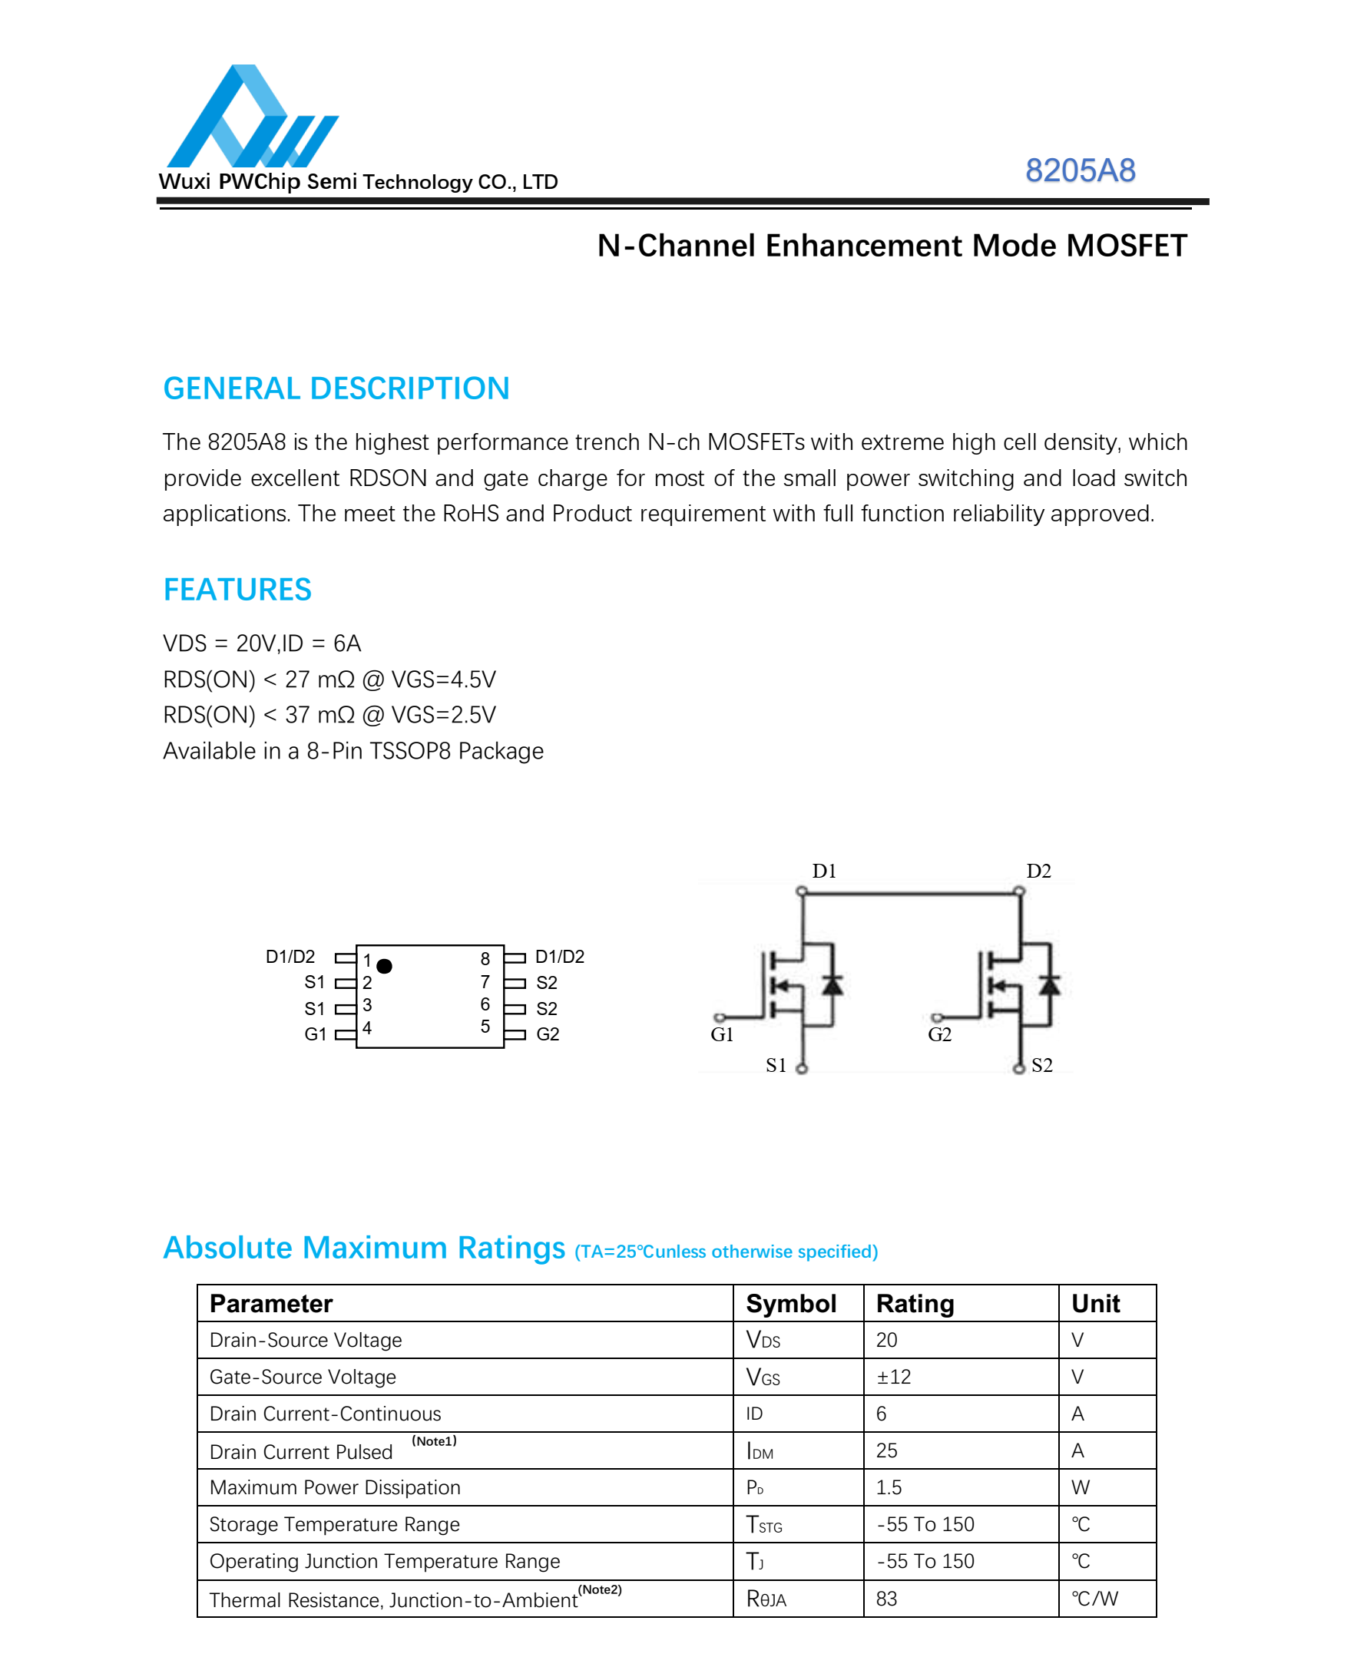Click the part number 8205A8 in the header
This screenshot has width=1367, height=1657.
pyautogui.click(x=1080, y=170)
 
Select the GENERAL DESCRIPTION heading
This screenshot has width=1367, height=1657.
pyautogui.click(x=336, y=389)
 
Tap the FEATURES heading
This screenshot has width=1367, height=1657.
pyautogui.click(x=237, y=590)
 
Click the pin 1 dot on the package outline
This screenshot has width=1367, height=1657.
pyautogui.click(x=384, y=966)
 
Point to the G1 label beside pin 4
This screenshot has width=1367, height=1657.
pyautogui.click(x=315, y=1034)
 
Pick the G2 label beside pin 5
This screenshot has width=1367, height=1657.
pyautogui.click(x=548, y=1034)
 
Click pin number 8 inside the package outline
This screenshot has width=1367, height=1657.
pyautogui.click(x=485, y=959)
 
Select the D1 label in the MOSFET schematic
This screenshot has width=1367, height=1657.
pyautogui.click(x=824, y=871)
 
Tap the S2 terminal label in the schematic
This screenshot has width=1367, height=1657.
pyautogui.click(x=1041, y=1065)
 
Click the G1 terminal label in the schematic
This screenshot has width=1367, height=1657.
pyautogui.click(x=721, y=1034)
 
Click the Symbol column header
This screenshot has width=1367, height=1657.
pyautogui.click(x=790, y=1304)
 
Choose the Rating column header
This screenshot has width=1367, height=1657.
pyautogui.click(x=915, y=1304)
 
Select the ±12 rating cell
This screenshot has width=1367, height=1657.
pyautogui.click(x=894, y=1377)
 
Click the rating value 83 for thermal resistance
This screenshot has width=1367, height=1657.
pyautogui.click(x=887, y=1599)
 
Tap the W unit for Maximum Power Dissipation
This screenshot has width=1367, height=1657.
pyautogui.click(x=1081, y=1487)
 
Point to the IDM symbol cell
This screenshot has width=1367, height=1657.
pyautogui.click(x=760, y=1450)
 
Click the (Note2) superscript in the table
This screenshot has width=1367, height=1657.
pyautogui.click(x=600, y=1589)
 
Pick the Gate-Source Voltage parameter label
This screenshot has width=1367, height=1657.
pyautogui.click(x=303, y=1377)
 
